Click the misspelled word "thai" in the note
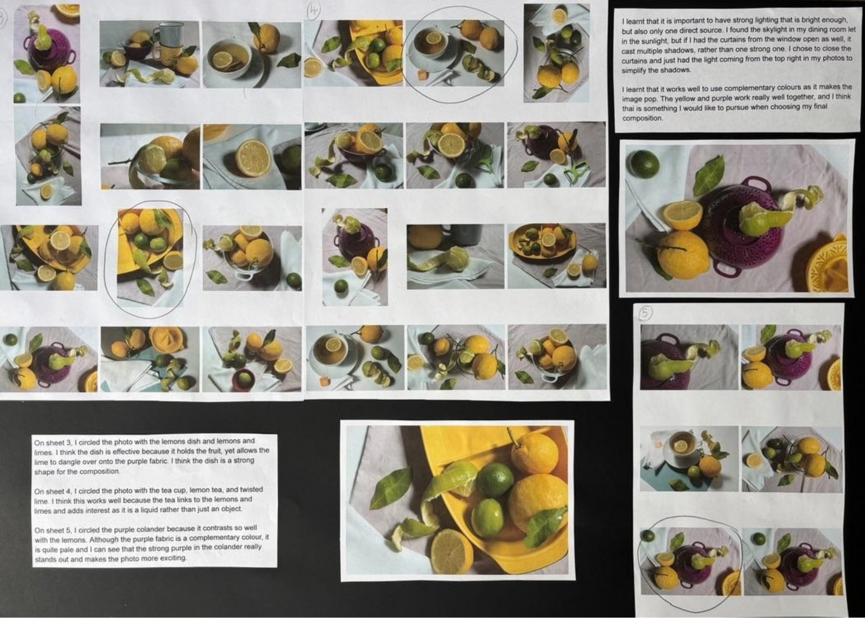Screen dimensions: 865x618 pos(628,108)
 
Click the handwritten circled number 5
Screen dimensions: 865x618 pos(645,313)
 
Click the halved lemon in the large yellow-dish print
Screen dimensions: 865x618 pos(452,552)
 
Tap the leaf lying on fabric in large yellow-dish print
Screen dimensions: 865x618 pos(391,487)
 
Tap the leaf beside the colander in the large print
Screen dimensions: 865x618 pos(710,176)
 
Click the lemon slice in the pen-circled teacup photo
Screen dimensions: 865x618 pos(434,38)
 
